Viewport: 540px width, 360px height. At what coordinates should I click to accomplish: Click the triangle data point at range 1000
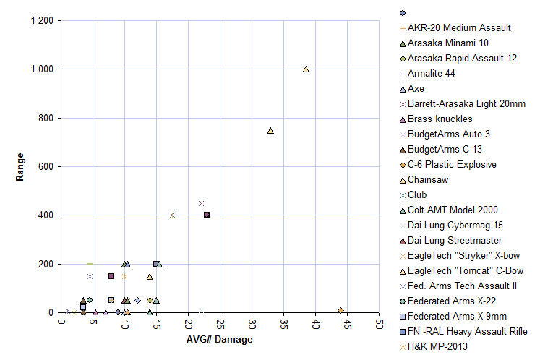pos(306,69)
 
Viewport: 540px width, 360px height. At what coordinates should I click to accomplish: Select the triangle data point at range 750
pos(270,131)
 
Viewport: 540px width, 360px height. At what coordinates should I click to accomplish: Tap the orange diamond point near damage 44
pos(340,310)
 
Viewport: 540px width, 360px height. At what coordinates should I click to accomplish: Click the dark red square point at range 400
pos(207,215)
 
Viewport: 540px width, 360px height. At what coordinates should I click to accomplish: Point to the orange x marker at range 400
pos(172,215)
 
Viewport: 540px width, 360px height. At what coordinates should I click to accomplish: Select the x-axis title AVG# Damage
pos(219,340)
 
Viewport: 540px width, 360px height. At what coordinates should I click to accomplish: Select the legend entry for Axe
pos(416,88)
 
